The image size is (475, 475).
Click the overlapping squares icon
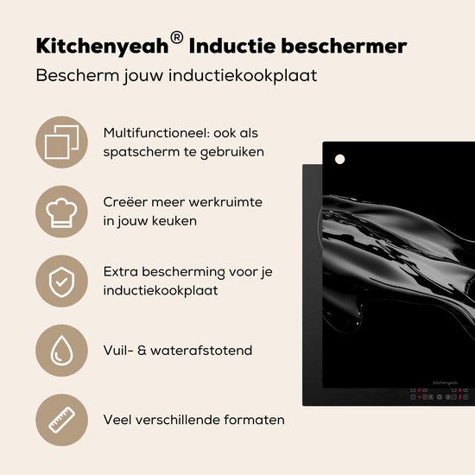(60, 142)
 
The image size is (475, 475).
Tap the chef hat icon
(60, 211)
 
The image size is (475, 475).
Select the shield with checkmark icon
(60, 280)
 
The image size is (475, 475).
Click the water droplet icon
(60, 350)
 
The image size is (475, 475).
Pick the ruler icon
(60, 420)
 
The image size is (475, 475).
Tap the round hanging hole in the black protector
(339, 159)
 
